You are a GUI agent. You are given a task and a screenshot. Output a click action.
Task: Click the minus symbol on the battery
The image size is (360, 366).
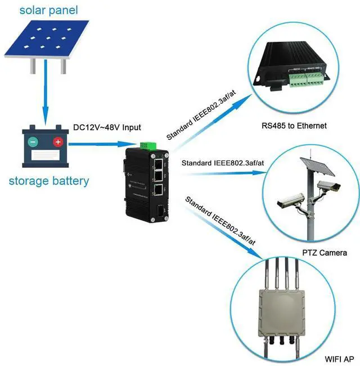(33, 141)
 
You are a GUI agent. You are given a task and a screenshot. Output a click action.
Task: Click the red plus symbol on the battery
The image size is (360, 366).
(57, 141)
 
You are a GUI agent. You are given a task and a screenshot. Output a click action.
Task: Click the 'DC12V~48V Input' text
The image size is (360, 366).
(107, 127)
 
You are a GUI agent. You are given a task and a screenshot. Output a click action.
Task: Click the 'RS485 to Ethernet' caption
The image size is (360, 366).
(294, 125)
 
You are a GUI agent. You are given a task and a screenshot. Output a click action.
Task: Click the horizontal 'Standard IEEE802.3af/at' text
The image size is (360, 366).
(223, 164)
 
